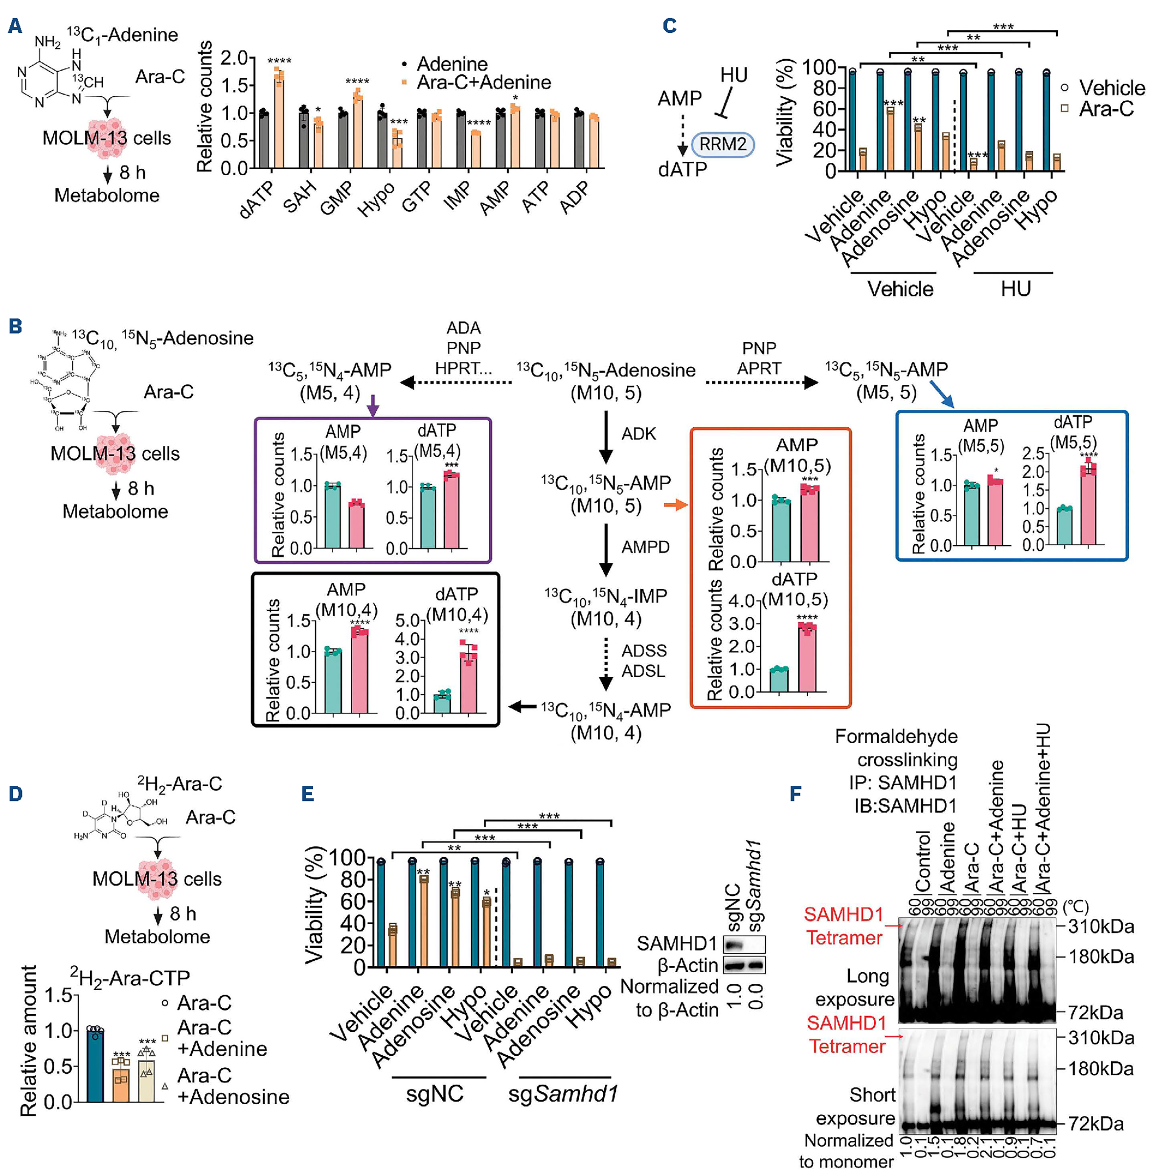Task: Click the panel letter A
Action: tap(15, 25)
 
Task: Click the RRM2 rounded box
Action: tap(723, 145)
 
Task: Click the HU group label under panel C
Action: tap(1015, 288)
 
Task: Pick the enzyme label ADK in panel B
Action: tap(638, 434)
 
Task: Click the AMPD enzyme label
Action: tap(645, 547)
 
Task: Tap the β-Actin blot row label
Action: tap(687, 966)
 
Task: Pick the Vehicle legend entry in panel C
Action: tap(1112, 88)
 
